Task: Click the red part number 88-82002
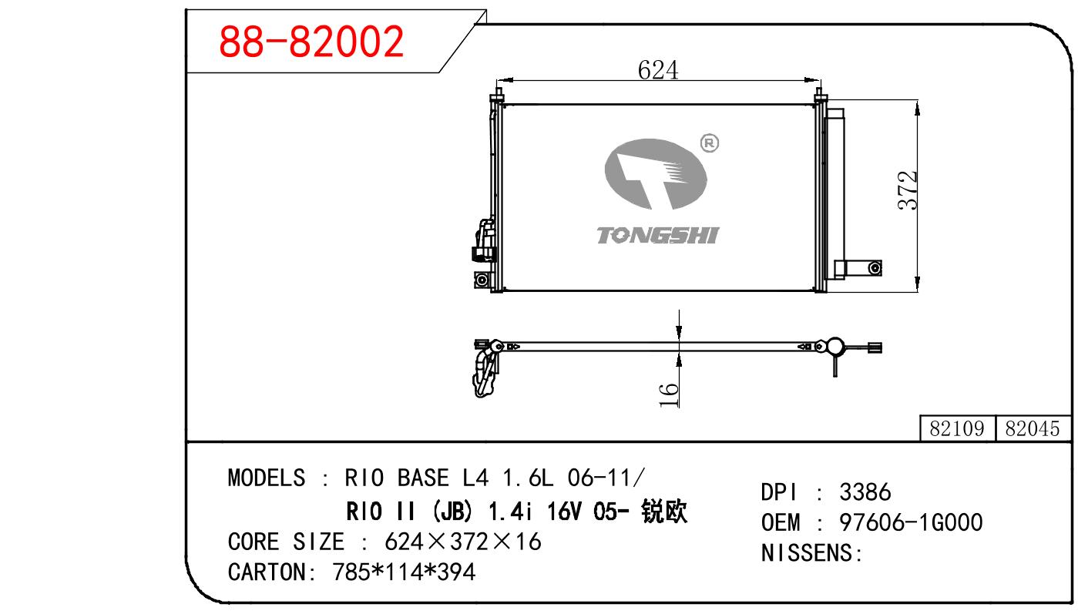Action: (311, 42)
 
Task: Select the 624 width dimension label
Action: (658, 70)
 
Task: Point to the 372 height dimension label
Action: (908, 190)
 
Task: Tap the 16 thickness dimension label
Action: (669, 395)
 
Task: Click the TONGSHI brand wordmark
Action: (658, 235)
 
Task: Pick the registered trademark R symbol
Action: (710, 143)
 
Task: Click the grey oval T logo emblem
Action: (656, 173)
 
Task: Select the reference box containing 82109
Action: (957, 428)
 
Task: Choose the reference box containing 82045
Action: (1033, 428)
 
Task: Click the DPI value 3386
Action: (865, 492)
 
